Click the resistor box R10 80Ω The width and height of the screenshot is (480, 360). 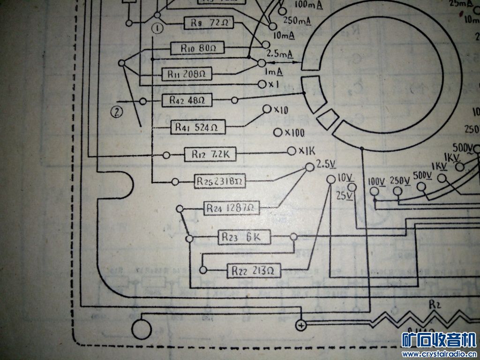click(196, 48)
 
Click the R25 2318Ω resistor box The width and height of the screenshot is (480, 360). click(220, 180)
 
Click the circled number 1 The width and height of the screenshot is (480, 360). click(157, 28)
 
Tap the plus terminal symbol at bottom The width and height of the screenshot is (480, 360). click(300, 325)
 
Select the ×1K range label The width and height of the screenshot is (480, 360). click(307, 151)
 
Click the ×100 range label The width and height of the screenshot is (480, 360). click(294, 133)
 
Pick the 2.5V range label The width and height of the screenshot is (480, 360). click(326, 165)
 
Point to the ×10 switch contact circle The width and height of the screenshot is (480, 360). click(267, 109)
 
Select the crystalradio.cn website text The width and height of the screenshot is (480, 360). click(439, 353)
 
